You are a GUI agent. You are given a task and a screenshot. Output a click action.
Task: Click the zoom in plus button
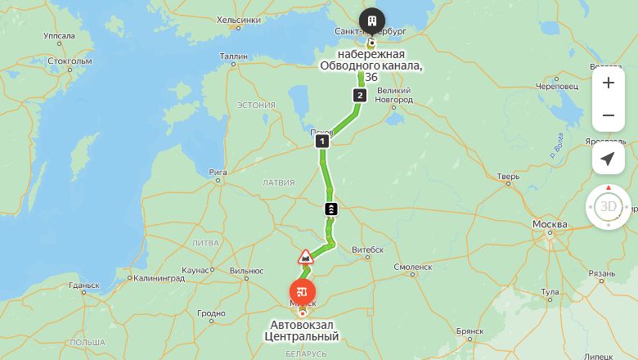coord(608,83)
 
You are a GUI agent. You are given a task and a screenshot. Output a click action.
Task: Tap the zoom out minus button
coord(608,115)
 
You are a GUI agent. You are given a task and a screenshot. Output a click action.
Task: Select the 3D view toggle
coord(608,206)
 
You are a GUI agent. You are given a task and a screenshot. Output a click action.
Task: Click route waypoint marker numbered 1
coord(322,142)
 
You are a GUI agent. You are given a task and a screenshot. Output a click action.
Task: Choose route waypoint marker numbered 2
coord(359,96)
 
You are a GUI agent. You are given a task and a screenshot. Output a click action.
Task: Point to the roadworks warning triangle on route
coord(305,258)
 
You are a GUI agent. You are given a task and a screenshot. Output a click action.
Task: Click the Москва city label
coord(549,224)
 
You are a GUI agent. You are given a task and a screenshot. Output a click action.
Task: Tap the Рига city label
coord(218,172)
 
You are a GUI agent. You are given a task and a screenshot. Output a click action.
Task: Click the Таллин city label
coord(233,56)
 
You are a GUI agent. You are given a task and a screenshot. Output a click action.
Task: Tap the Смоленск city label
coord(412,267)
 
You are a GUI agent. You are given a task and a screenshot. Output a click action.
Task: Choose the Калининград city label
coord(159,278)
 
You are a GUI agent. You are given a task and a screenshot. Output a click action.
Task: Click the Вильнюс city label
coord(246,271)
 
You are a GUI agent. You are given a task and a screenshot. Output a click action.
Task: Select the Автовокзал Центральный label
coord(304,331)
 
